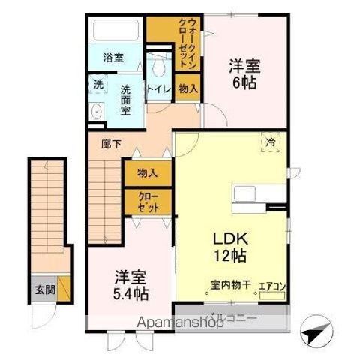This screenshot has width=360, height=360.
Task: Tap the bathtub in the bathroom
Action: [x=113, y=32]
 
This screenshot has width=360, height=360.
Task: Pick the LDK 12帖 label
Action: [x=224, y=245]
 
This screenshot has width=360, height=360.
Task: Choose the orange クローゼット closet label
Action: [x=148, y=202]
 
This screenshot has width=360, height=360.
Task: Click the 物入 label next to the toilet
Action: [x=188, y=88]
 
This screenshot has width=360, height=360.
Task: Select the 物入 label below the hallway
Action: [x=147, y=173]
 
